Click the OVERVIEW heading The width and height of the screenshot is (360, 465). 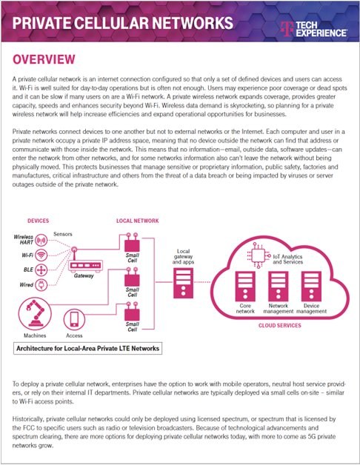[44, 59]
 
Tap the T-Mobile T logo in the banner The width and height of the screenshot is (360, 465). [287, 29]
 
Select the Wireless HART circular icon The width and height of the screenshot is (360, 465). [41, 240]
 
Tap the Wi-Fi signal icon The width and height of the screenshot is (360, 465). [41, 255]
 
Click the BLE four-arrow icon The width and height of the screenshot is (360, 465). [41, 270]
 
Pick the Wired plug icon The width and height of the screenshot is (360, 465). [41, 284]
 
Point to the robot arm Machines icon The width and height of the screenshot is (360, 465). [35, 314]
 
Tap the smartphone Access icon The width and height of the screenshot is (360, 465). [74, 319]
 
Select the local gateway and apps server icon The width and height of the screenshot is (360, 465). [183, 283]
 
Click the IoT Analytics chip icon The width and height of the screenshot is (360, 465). [259, 255]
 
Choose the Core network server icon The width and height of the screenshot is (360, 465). [245, 287]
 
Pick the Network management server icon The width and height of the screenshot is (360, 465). [279, 287]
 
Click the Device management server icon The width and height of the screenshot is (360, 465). [311, 287]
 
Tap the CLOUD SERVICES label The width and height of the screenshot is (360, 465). [279, 325]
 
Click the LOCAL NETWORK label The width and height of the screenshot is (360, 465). [138, 221]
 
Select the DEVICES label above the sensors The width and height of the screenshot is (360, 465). [39, 221]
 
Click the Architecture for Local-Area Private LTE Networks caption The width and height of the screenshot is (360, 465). [88, 349]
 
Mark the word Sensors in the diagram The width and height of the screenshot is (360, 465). [63, 234]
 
